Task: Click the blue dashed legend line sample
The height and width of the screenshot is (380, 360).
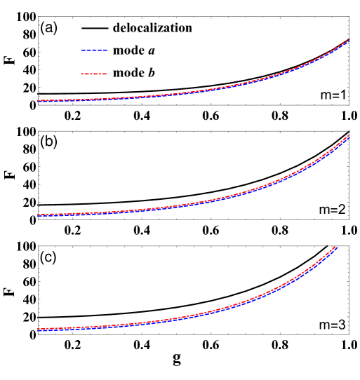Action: [94, 50]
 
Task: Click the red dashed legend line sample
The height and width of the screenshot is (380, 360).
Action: [94, 74]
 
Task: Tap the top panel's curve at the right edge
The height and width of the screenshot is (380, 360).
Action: [348, 41]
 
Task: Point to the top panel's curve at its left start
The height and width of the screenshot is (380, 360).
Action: [39, 100]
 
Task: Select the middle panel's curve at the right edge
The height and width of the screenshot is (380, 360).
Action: [348, 136]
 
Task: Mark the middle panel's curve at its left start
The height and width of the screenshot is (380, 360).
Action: [39, 215]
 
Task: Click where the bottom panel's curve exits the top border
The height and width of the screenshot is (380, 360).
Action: [336, 246]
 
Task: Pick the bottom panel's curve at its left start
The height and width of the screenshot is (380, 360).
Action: [39, 329]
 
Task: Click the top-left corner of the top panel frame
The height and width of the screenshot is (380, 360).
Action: [39, 17]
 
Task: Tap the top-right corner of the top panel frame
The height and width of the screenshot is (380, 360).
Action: [349, 17]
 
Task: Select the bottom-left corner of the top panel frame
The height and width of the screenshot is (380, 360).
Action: [39, 105]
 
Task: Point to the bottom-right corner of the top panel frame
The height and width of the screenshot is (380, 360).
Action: [349, 105]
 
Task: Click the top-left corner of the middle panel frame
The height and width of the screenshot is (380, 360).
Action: [39, 131]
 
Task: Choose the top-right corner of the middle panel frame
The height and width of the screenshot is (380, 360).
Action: [349, 131]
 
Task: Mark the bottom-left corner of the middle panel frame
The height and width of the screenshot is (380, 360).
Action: [39, 219]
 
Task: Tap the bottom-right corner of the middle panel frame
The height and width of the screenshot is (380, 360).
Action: [349, 219]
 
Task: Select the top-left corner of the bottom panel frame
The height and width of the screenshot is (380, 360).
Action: [39, 246]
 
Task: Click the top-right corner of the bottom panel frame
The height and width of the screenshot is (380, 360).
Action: [349, 246]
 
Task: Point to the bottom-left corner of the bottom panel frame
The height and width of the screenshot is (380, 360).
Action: [39, 334]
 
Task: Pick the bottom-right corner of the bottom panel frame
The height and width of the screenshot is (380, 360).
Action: [349, 334]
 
